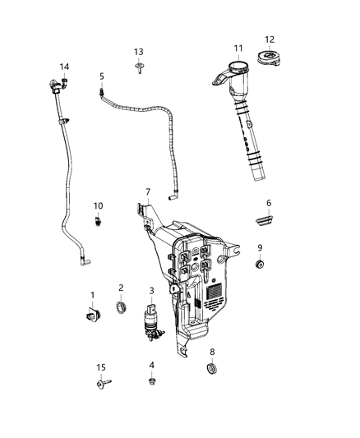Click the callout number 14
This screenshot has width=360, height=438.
point(64,67)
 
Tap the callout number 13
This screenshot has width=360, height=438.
point(139,52)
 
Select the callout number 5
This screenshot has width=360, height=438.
point(102,76)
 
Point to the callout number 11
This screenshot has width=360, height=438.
point(238,48)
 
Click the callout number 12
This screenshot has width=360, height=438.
point(270,39)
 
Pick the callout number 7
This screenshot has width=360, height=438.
point(148,192)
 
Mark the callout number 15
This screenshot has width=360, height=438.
point(102,367)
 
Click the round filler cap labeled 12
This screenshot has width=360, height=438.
point(269,59)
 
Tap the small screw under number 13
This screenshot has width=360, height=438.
point(139,69)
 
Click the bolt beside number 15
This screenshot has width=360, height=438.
point(103,384)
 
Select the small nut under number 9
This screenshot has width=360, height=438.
point(260,265)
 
